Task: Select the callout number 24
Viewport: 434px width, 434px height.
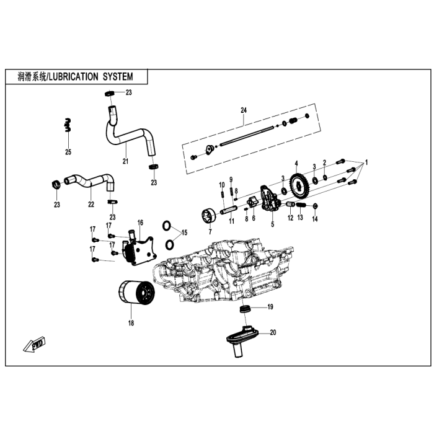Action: click(x=244, y=110)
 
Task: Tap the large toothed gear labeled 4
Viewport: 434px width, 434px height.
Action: click(x=298, y=184)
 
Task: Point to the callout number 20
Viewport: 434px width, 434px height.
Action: click(x=273, y=333)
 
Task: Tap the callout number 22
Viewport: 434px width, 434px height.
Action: click(x=91, y=203)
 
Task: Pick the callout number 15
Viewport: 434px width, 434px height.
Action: click(x=184, y=232)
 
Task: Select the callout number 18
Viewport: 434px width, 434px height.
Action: click(x=130, y=323)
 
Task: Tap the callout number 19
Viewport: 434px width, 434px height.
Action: click(x=270, y=308)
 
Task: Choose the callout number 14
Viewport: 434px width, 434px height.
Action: click(x=315, y=219)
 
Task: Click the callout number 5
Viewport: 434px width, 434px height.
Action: click(x=272, y=223)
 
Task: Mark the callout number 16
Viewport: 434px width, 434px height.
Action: click(x=140, y=222)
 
